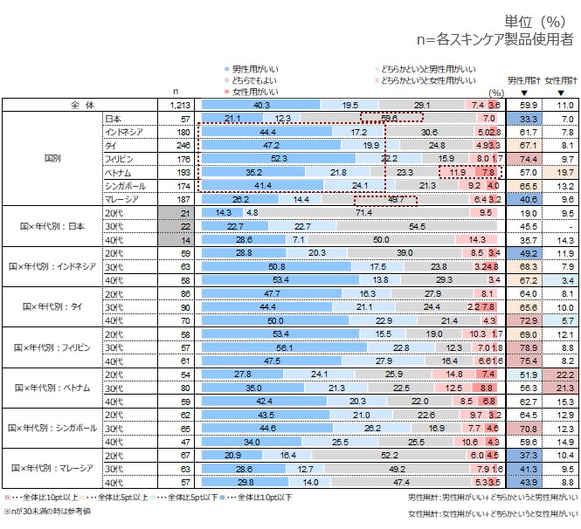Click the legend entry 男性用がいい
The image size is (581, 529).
point(254,67)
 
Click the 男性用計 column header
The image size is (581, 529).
point(523,80)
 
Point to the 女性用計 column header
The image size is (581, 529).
point(560,80)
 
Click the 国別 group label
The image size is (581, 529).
point(52,159)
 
